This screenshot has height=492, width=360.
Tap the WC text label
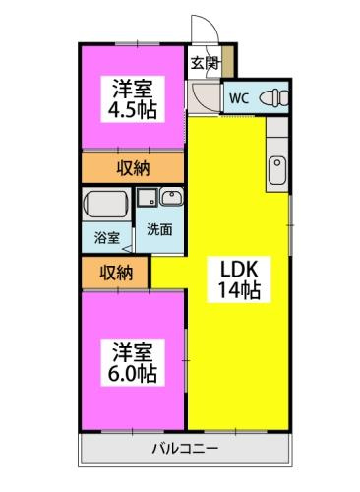pyautogui.click(x=239, y=98)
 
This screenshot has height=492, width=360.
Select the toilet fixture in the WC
pyautogui.click(x=274, y=98)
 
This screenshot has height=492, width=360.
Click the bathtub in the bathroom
pyautogui.click(x=106, y=205)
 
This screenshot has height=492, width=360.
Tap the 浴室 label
pyautogui.click(x=106, y=237)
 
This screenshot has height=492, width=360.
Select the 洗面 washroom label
pyautogui.click(x=159, y=229)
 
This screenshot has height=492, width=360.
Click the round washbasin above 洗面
pyautogui.click(x=168, y=195)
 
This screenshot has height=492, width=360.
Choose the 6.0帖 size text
pyautogui.click(x=131, y=375)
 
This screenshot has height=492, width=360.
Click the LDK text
pyautogui.click(x=235, y=270)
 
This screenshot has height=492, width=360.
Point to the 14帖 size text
pyautogui.click(x=235, y=291)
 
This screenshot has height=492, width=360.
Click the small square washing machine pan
pyautogui.click(x=148, y=195)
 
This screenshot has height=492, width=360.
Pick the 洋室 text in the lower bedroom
pyautogui.click(x=131, y=352)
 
